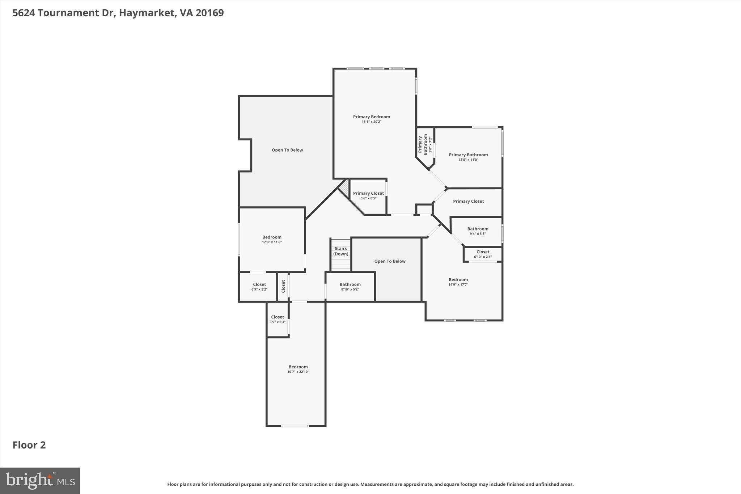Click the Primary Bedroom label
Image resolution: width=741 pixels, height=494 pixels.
(x=371, y=117)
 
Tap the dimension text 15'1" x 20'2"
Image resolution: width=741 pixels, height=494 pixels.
(x=371, y=122)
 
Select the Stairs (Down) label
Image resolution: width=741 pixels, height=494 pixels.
(x=340, y=251)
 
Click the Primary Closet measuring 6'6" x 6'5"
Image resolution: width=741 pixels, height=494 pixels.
(x=368, y=195)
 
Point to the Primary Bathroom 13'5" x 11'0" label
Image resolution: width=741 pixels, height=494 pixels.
(x=468, y=157)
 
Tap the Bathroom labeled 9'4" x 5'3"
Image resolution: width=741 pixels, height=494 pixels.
(x=478, y=231)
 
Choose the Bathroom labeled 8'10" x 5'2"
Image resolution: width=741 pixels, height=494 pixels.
(x=350, y=287)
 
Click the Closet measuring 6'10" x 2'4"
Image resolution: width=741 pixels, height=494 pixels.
(x=483, y=254)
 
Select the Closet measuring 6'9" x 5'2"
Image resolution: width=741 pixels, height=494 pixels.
(x=259, y=287)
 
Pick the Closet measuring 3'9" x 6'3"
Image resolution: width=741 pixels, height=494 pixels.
(x=278, y=319)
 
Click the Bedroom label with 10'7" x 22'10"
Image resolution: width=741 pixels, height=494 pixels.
(x=298, y=369)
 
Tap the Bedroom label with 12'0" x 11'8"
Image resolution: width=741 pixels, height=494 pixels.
(x=272, y=239)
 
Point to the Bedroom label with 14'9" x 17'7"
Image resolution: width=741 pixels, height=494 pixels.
(x=458, y=282)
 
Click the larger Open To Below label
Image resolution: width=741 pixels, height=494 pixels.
(x=287, y=150)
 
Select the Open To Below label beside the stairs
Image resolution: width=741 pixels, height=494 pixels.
(x=390, y=261)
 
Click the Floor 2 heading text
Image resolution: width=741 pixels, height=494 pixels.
(x=29, y=445)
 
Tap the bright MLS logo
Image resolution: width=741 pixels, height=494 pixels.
(x=40, y=480)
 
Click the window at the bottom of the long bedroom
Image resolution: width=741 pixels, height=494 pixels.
(x=295, y=426)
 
